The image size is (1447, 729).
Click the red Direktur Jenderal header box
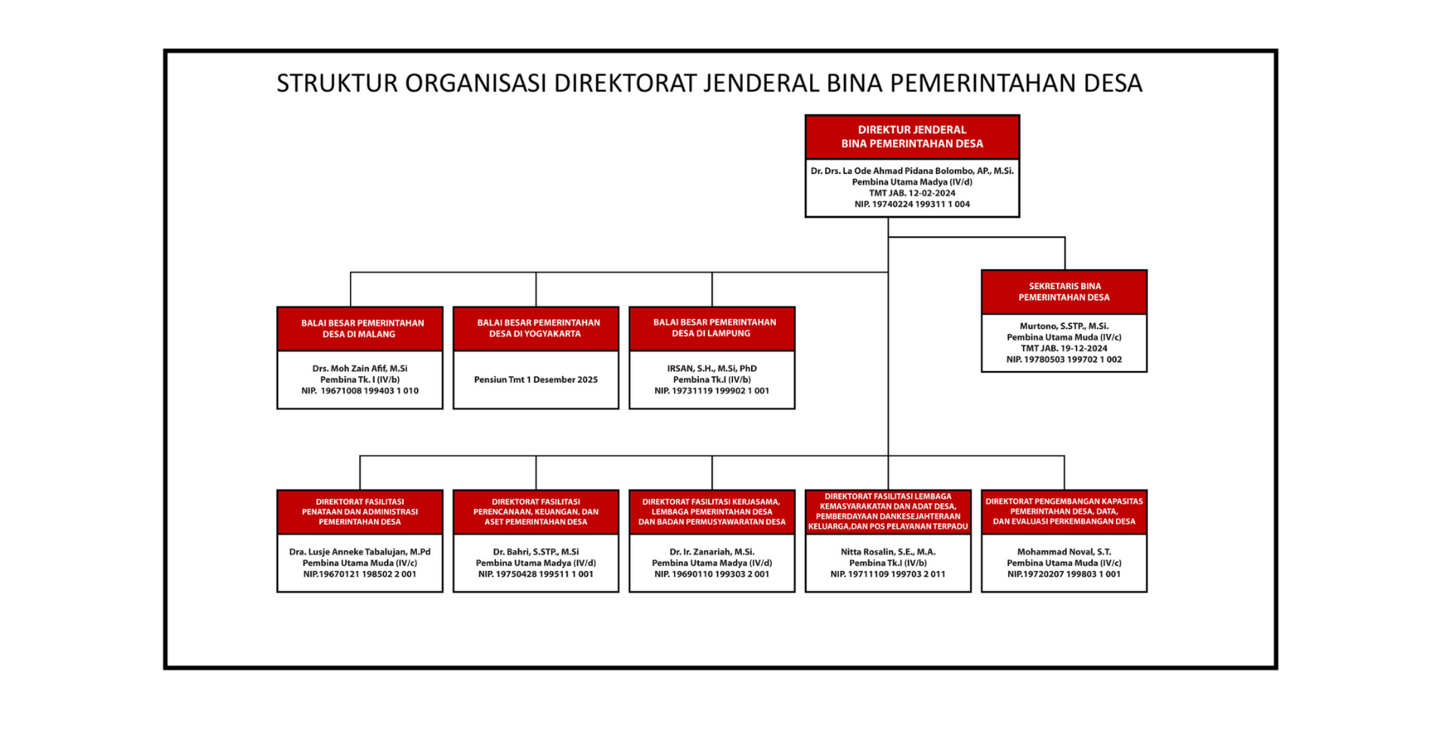911,137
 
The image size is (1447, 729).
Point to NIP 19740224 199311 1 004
911,204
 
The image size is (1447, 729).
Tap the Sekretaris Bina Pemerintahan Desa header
1063,292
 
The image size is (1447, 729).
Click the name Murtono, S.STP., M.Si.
1063,326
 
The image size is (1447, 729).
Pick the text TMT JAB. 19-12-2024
1063,348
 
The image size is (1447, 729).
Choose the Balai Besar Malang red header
360,329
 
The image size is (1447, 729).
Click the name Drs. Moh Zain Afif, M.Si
360,369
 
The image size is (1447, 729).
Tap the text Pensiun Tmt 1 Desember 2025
536,379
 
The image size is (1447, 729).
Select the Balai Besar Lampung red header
712,328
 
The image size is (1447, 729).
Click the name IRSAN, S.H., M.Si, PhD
712,369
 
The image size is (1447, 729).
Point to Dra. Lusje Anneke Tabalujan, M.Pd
360,551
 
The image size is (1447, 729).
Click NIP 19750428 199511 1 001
536,574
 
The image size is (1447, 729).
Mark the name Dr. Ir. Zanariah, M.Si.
712,551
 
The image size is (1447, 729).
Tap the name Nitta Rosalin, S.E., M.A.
888,551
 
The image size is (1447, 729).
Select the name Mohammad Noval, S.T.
1063,551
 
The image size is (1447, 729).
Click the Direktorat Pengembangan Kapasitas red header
1063,511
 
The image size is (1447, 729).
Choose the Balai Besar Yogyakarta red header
536,328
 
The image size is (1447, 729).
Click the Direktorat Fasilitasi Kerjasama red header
712,511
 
